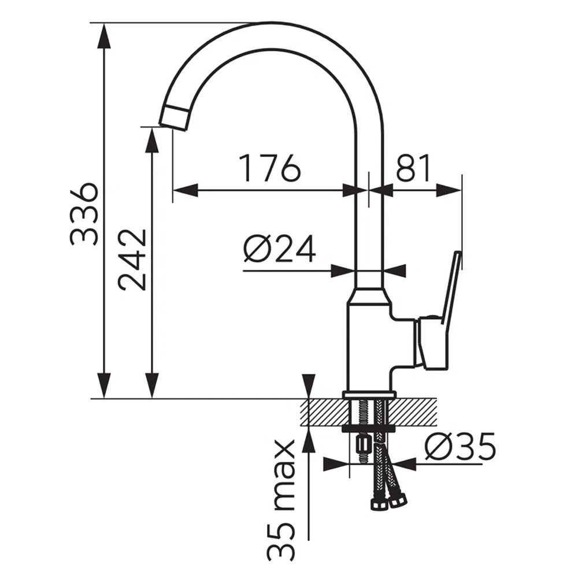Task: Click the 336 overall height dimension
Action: coord(84,214)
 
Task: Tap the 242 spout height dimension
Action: coord(132,260)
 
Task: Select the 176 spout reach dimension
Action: coord(269,168)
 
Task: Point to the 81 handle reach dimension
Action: coord(413,168)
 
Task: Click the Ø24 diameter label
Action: coord(279,248)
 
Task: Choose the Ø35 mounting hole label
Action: coord(460,446)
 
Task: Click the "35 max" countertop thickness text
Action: coord(280,499)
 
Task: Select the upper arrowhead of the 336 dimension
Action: coord(104,35)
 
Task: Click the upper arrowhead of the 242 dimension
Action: coord(152,140)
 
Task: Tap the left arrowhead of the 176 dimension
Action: coord(186,191)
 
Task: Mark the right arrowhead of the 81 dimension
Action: coord(449,191)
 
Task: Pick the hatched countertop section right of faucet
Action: coord(414,412)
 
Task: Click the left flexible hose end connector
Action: coord(379,505)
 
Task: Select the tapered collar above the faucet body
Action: coord(369,296)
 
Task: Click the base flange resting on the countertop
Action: coord(369,395)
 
